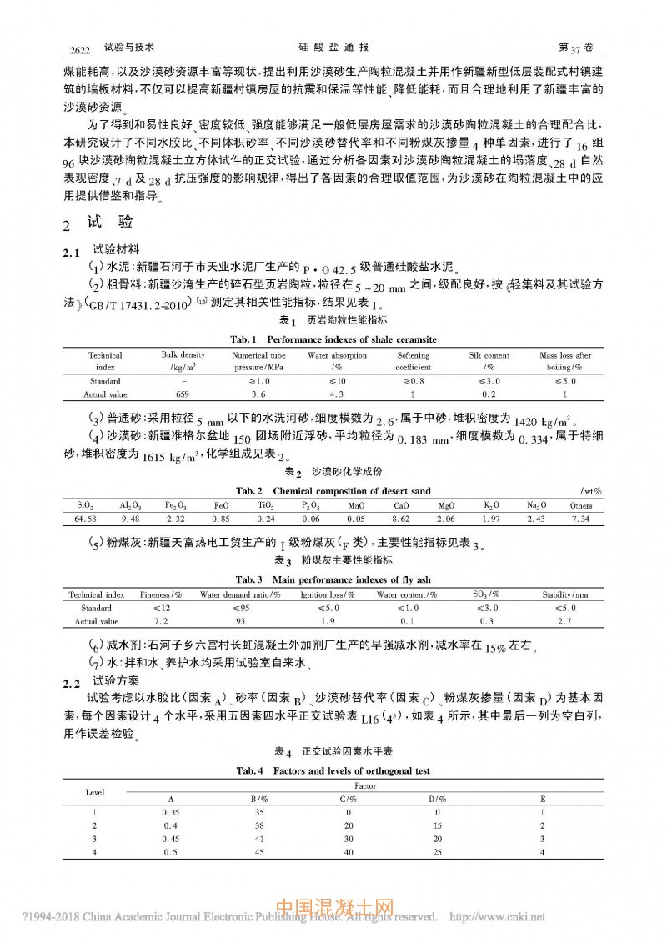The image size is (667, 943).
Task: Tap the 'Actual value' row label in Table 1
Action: (106, 394)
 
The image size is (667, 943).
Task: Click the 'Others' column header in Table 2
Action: (581, 505)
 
